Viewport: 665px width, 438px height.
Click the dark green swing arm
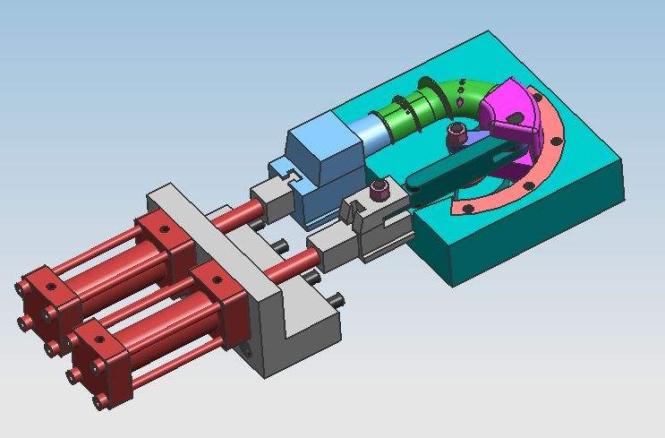coord(456,170)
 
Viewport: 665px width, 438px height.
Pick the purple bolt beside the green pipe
coord(456,136)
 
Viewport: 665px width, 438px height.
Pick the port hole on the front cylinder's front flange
coord(214,277)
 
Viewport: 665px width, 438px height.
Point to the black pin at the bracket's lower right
coord(337,299)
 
